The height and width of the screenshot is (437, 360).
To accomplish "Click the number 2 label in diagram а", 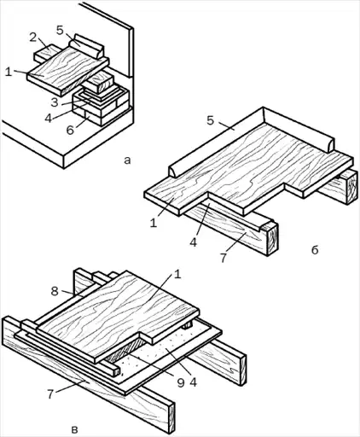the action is [x=33, y=38].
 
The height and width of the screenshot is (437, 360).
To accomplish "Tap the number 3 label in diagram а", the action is [x=55, y=102].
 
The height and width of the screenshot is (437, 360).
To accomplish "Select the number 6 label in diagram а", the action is [x=70, y=130].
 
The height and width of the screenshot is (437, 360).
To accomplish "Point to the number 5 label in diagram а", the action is [x=60, y=30].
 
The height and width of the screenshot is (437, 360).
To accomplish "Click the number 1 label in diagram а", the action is [x=9, y=72].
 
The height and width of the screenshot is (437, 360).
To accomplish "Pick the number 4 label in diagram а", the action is [x=49, y=118].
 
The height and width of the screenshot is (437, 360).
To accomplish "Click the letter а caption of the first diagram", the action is [x=127, y=160].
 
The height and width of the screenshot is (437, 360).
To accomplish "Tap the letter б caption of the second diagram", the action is [x=315, y=250].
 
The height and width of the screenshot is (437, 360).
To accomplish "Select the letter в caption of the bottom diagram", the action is [x=74, y=429].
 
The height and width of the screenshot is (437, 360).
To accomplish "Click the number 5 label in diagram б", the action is [x=210, y=120].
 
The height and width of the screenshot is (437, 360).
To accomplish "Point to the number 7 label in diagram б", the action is [x=224, y=258].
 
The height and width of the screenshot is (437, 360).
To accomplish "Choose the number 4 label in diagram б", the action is [x=194, y=242].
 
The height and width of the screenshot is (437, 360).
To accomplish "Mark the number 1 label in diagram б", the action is [x=154, y=223].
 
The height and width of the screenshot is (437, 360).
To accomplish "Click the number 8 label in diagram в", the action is [x=55, y=291].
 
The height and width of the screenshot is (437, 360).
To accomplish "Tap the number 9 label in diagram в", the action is [x=181, y=382].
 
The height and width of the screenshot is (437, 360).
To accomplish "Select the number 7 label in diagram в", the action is [x=50, y=394].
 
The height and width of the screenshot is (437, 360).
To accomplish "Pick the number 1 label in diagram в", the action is [x=177, y=275].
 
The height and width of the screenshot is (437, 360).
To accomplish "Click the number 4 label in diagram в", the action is [x=194, y=382].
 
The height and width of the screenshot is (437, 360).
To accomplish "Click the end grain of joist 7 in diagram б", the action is [x=272, y=239].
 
